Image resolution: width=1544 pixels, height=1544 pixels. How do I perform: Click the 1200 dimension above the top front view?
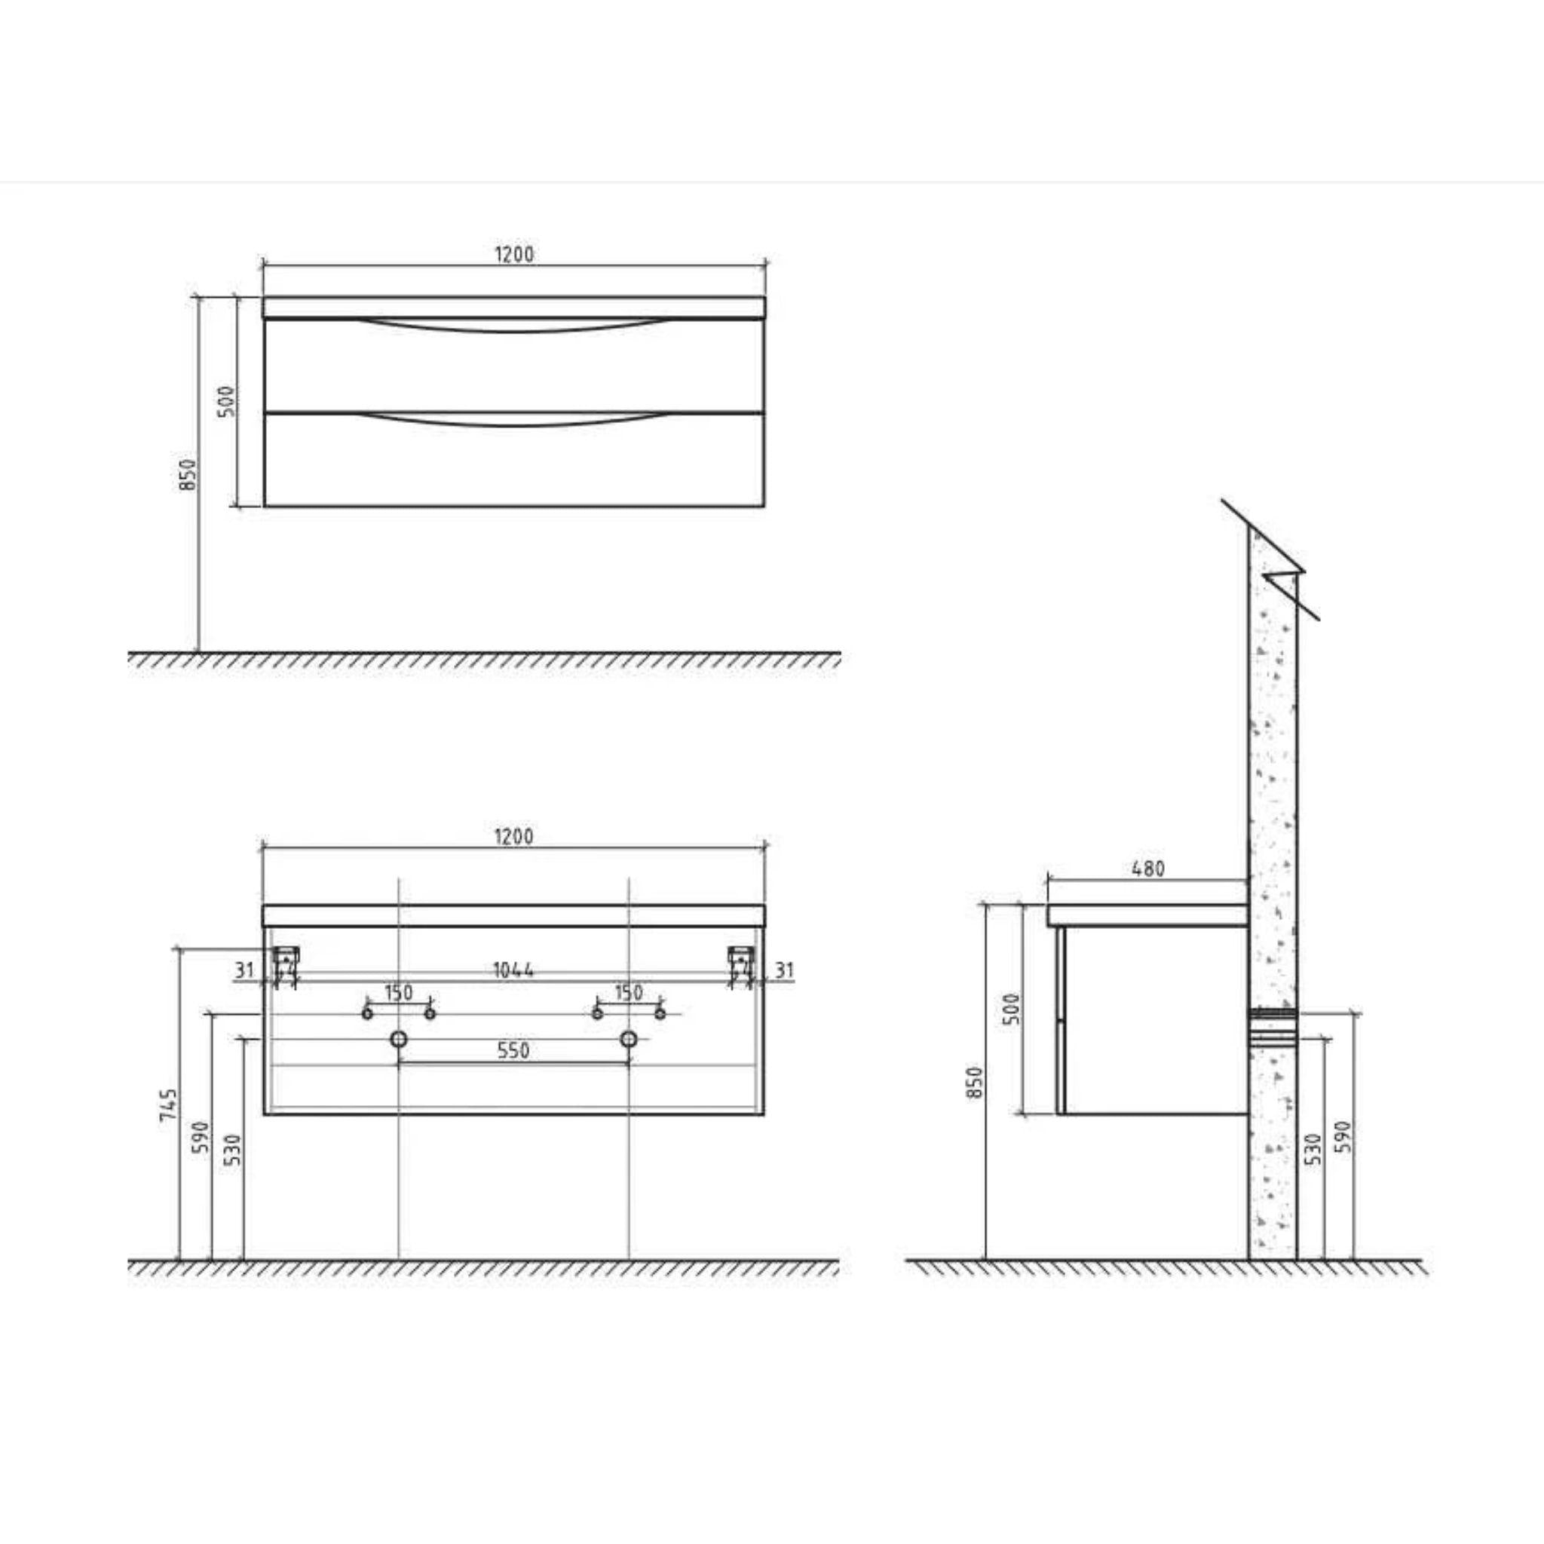pyautogui.click(x=514, y=254)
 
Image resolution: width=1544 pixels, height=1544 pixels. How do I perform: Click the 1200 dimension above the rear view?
pyautogui.click(x=514, y=837)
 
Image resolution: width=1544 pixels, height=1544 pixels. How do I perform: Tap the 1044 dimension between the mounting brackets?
pyautogui.click(x=513, y=970)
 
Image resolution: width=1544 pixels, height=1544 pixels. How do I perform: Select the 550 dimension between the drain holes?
pyautogui.click(x=513, y=1051)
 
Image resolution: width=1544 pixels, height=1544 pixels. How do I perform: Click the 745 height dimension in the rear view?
pyautogui.click(x=169, y=1104)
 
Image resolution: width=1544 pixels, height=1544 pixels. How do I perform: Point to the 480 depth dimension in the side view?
pyautogui.click(x=1148, y=868)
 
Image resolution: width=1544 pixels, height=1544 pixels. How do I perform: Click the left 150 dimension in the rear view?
pyautogui.click(x=399, y=994)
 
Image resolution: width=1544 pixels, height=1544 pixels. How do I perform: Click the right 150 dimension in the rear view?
pyautogui.click(x=629, y=994)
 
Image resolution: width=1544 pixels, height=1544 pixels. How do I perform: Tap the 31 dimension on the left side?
pyautogui.click(x=244, y=970)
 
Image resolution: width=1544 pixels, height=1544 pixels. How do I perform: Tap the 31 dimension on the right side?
pyautogui.click(x=785, y=970)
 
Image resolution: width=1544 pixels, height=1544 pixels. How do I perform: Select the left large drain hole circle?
pyautogui.click(x=399, y=1039)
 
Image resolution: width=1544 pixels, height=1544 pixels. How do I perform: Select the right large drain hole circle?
pyautogui.click(x=629, y=1039)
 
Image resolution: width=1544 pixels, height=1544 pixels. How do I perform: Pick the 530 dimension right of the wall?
pyautogui.click(x=1313, y=1148)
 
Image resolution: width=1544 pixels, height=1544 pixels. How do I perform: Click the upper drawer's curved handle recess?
pyautogui.click(x=514, y=325)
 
